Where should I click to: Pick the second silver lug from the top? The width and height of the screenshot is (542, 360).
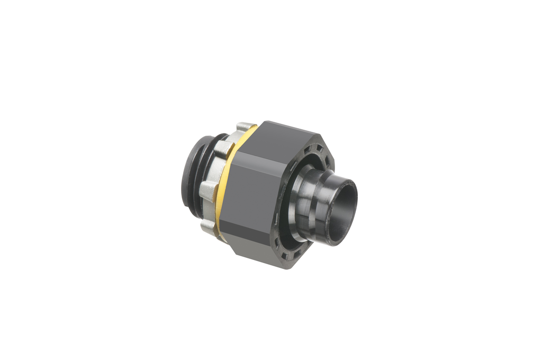(226, 143)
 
